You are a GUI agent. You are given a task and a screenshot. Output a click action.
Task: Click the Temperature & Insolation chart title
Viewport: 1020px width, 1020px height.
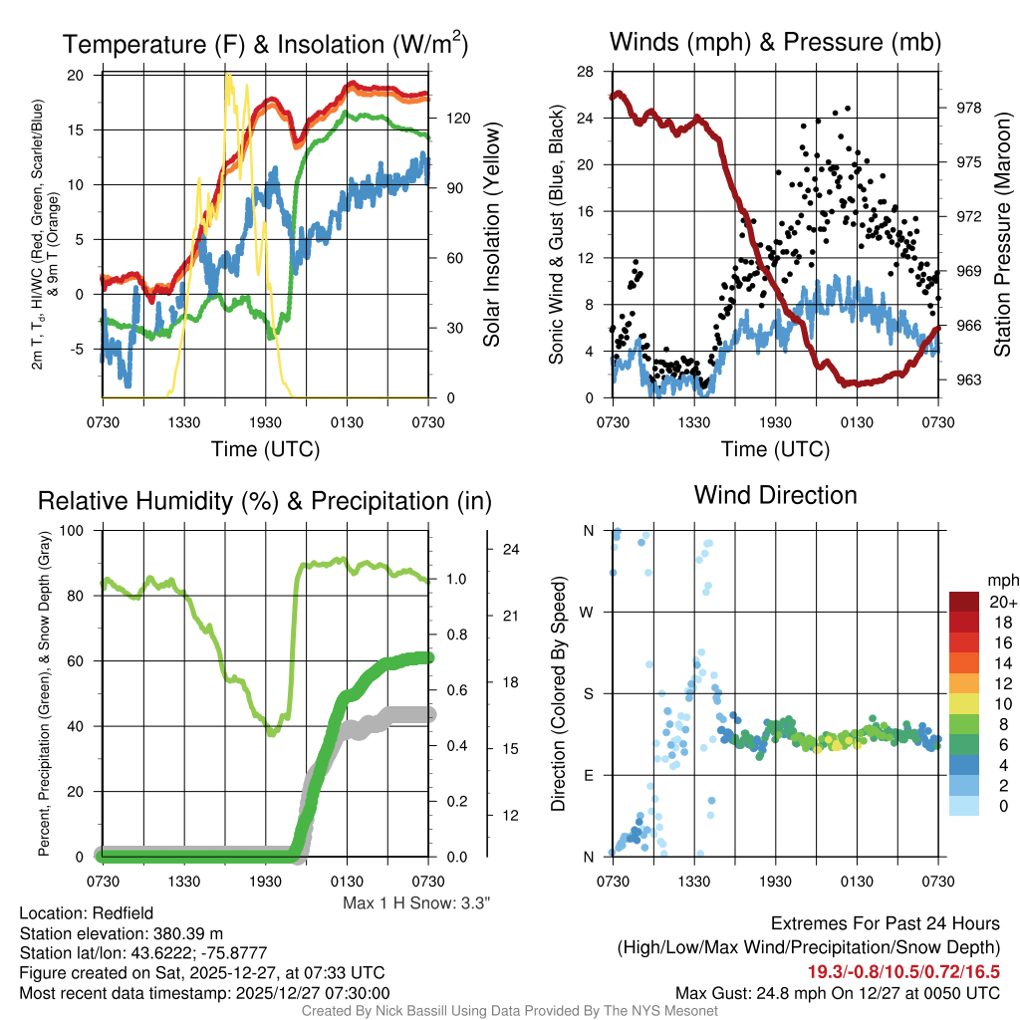point(265,44)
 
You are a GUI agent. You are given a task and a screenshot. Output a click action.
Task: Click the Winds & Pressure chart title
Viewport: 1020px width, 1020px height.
point(775,42)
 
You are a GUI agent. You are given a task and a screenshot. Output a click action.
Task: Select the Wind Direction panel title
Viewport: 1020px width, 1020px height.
point(775,495)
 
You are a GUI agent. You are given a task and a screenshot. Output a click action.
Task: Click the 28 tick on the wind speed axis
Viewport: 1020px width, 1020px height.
point(587,72)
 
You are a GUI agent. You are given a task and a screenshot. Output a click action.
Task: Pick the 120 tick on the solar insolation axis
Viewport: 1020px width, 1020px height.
point(456,118)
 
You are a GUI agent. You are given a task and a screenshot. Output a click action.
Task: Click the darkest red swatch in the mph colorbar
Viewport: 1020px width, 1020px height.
point(964,602)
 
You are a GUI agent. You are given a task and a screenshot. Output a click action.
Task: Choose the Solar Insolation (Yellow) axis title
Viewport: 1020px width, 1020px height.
point(491,235)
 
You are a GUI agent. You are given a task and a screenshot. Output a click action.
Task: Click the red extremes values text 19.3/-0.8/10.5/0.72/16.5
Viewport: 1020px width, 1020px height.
point(903,971)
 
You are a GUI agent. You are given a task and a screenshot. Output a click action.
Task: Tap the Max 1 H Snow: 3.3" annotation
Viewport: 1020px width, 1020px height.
point(416,902)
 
